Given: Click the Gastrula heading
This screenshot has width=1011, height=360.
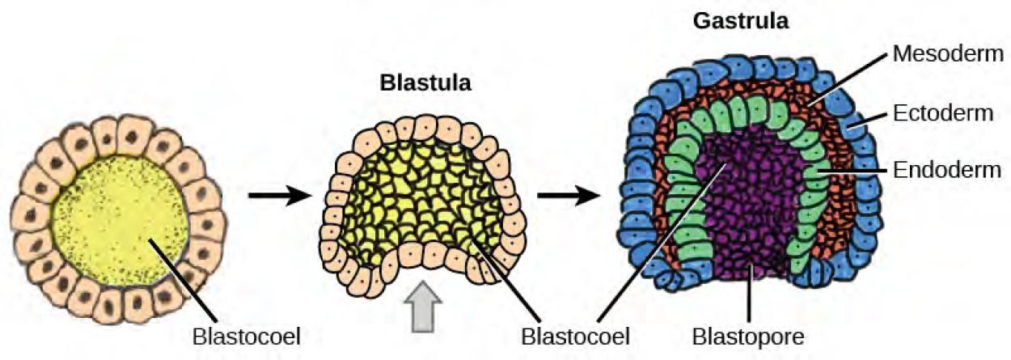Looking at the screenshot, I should (740, 22).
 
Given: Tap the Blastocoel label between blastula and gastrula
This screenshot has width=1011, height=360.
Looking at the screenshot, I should (575, 333).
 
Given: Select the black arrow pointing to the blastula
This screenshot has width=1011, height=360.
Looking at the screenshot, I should (278, 196).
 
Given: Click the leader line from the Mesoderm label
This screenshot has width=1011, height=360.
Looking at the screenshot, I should (849, 77).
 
